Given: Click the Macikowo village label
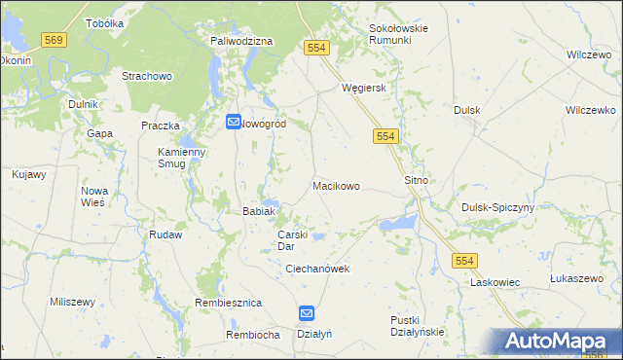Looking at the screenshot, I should [336, 185].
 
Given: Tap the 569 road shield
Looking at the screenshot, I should [55, 39].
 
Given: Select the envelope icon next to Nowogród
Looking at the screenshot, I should [234, 123].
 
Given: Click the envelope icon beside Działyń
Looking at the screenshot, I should [306, 313].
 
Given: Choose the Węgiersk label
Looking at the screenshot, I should [364, 87].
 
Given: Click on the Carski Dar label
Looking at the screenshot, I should [293, 240].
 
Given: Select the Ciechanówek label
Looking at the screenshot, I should [317, 269].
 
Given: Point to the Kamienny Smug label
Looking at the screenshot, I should [182, 159].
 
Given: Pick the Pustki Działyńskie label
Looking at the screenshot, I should [417, 325].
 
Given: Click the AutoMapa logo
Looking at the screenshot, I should [557, 342].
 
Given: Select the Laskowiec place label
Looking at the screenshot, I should [495, 282].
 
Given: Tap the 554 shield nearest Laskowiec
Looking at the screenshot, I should [464, 260].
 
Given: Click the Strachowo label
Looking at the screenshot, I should [147, 75].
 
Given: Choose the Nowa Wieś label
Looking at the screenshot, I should [94, 197].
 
